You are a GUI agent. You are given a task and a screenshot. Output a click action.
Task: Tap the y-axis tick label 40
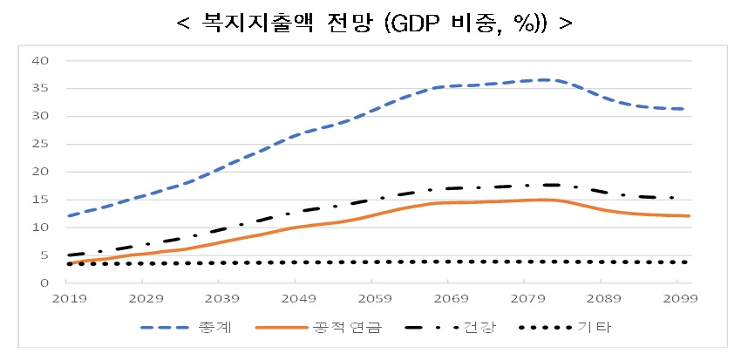coord(39,60)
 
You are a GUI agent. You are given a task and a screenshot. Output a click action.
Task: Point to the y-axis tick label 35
coord(39,88)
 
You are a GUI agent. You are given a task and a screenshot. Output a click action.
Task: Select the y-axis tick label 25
coord(39,144)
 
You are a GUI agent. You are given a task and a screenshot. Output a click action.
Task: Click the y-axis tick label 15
coord(39,200)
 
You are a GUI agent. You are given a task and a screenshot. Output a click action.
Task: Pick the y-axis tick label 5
coord(42,255)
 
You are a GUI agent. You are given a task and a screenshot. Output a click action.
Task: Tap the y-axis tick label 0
coord(42,283)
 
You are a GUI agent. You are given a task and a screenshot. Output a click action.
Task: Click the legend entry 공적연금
coord(351,328)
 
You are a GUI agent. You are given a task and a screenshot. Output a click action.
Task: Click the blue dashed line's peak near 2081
coord(542,80)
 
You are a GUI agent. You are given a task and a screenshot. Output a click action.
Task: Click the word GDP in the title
coord(412,22)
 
